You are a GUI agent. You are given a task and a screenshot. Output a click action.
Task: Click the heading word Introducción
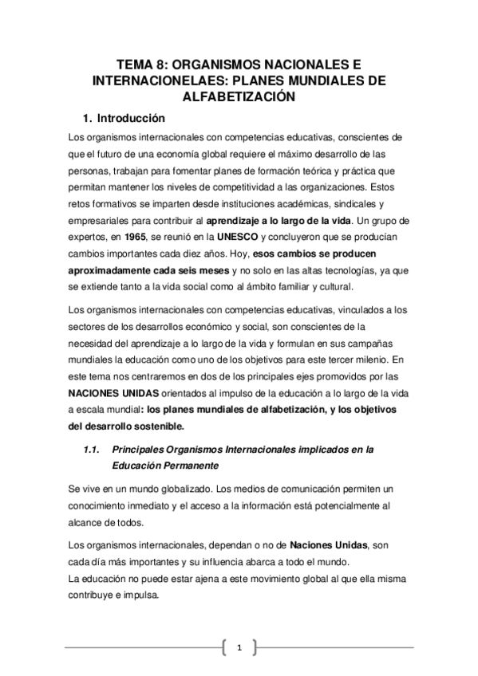pyautogui.click(x=131, y=119)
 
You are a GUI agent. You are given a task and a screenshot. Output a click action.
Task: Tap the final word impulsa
pyautogui.click(x=140, y=595)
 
